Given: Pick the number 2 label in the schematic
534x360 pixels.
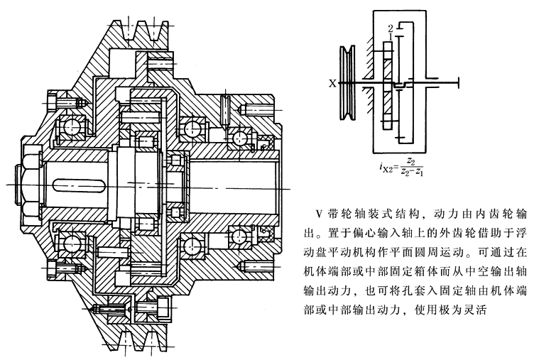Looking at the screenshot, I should coord(390,28).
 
